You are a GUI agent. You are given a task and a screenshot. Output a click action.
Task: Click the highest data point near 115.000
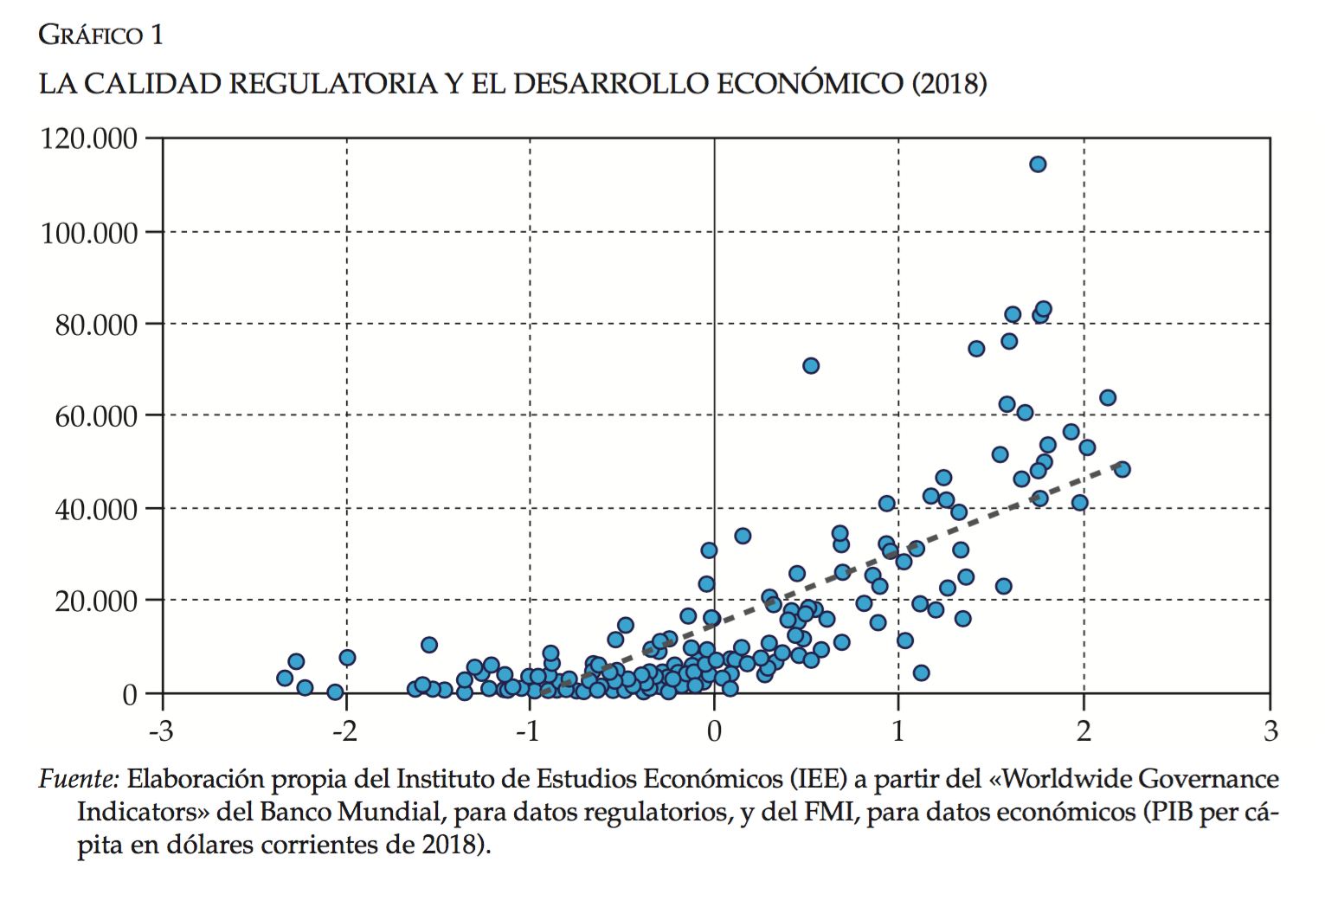(x=1038, y=164)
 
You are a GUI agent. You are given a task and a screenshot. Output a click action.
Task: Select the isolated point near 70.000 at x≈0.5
(x=811, y=366)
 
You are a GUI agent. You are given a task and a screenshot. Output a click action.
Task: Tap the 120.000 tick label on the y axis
(x=89, y=138)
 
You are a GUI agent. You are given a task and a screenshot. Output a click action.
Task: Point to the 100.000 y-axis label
(x=89, y=233)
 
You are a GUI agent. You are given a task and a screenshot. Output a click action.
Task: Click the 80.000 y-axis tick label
(x=96, y=325)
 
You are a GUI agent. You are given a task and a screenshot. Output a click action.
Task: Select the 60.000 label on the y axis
(x=96, y=417)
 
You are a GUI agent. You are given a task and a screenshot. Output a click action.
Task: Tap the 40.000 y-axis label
(x=96, y=510)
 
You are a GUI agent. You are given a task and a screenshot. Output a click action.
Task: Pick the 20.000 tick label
(x=96, y=602)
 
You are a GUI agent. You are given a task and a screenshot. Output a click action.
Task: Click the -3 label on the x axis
(x=161, y=732)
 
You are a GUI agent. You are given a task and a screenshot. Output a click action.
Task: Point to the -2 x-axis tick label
(x=345, y=732)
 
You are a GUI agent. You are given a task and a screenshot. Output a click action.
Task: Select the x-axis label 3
(x=1270, y=732)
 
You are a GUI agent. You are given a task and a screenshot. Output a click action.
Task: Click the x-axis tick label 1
(x=899, y=732)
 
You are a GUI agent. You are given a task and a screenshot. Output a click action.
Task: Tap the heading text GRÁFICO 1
(x=100, y=35)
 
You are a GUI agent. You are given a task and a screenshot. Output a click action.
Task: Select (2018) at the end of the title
(x=949, y=84)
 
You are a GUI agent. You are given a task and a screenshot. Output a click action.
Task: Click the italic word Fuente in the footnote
(x=78, y=780)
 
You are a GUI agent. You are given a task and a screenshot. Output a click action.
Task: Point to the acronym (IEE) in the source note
(x=818, y=780)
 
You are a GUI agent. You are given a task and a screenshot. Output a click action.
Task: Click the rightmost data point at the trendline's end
(x=1122, y=469)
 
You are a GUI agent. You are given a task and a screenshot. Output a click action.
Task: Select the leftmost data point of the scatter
(x=285, y=678)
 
